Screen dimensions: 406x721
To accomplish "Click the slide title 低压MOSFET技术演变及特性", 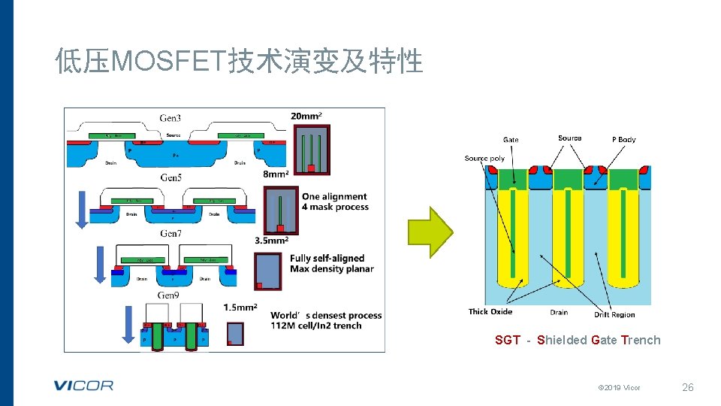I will (240, 61).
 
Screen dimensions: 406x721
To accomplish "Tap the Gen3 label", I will (170, 118).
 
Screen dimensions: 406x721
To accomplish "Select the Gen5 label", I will (170, 177).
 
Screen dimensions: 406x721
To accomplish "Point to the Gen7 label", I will (170, 234).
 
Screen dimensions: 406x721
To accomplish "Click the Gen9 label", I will (168, 295).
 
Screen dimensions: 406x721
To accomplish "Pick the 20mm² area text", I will (306, 116).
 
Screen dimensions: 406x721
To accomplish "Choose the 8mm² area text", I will (277, 174).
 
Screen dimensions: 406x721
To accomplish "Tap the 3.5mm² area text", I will (272, 241).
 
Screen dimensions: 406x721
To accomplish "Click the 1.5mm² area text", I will (240, 308).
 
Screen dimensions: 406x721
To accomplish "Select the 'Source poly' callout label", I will (484, 159).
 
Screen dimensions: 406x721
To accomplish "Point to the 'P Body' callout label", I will (623, 140).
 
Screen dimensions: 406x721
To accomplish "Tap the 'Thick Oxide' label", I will (490, 312).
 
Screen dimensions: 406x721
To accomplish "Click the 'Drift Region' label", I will (614, 314).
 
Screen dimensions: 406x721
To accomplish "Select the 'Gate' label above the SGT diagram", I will (511, 140).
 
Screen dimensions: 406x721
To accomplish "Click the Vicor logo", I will (83, 386).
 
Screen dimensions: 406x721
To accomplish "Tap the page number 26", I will (687, 387).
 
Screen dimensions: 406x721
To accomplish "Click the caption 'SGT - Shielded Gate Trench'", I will (578, 340).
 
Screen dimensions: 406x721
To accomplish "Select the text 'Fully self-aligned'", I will (327, 259).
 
